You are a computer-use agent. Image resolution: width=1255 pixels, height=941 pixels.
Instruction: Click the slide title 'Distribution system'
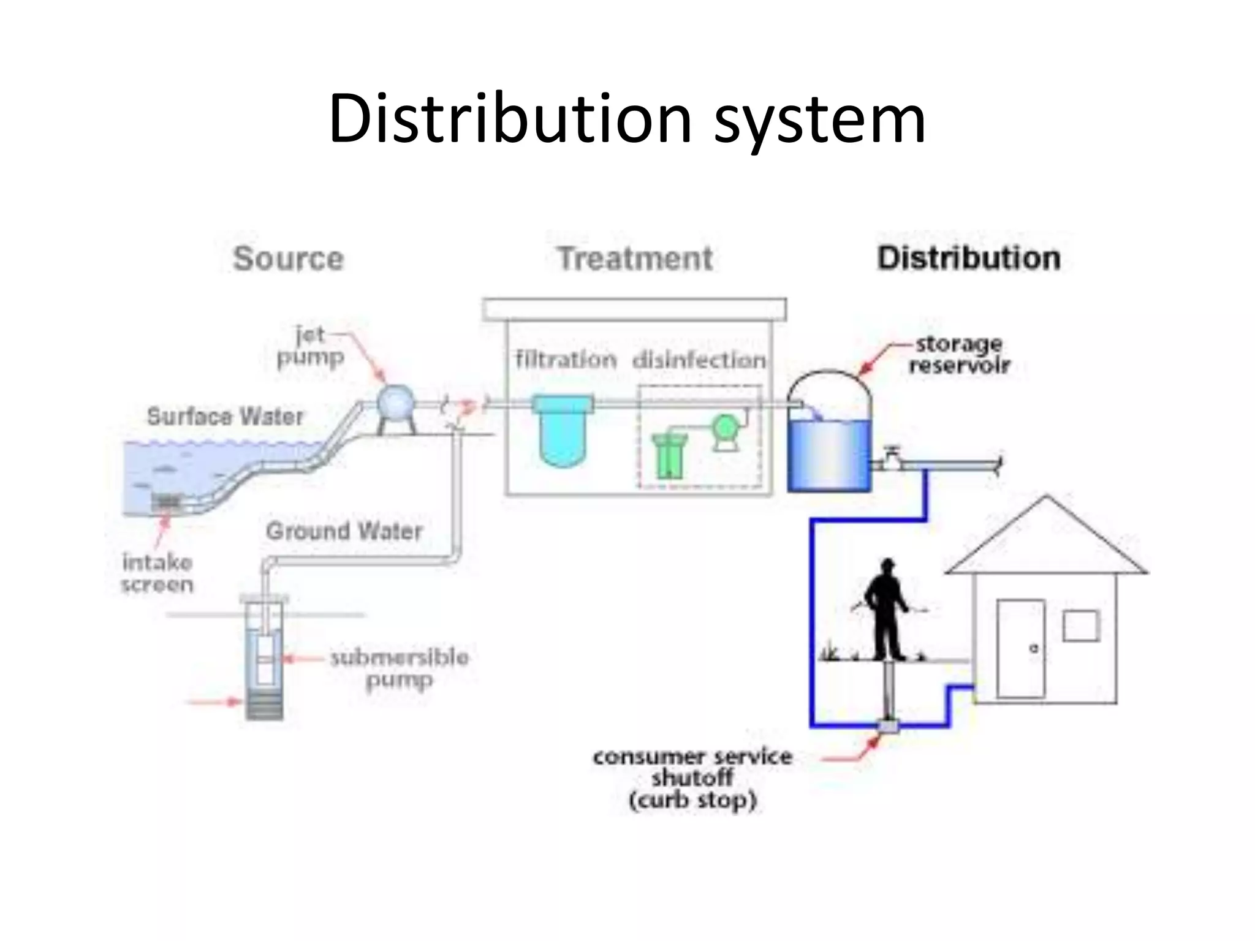(626, 119)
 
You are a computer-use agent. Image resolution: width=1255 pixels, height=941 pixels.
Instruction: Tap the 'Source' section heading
(289, 259)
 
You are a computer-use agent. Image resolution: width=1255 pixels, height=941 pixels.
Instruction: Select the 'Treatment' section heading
(635, 259)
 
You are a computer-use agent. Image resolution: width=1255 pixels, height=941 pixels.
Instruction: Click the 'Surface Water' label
(225, 417)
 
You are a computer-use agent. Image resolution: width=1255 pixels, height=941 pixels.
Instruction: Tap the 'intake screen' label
(157, 573)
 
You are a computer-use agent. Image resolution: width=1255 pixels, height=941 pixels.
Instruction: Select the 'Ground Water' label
(344, 531)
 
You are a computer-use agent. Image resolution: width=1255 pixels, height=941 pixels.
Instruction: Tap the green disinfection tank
(669, 456)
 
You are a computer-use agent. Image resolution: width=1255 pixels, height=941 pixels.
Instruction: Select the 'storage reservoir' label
(959, 355)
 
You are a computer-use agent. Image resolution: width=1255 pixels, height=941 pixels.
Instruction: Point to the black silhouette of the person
(886, 610)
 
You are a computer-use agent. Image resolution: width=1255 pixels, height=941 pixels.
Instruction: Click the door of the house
(1020, 648)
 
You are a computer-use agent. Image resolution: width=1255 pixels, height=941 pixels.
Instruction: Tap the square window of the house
(1081, 626)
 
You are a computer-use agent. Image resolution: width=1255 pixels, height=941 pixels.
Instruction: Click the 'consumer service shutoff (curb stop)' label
(692, 779)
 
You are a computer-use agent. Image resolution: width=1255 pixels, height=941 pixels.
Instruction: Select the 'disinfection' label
(699, 360)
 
